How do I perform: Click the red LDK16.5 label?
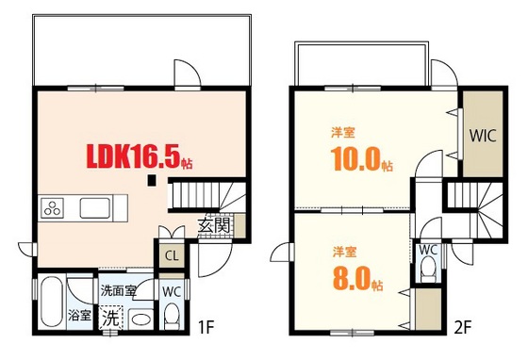tap(140, 155)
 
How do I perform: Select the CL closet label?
tap(172, 255)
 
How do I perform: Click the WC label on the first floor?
tap(171, 291)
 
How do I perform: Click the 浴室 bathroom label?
tap(79, 316)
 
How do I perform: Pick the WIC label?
tap(483, 134)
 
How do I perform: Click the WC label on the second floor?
tap(427, 250)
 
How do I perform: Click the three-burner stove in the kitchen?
tap(52, 206)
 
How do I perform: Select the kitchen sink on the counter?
tap(96, 206)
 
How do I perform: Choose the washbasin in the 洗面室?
tap(140, 319)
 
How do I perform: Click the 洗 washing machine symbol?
tap(111, 319)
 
